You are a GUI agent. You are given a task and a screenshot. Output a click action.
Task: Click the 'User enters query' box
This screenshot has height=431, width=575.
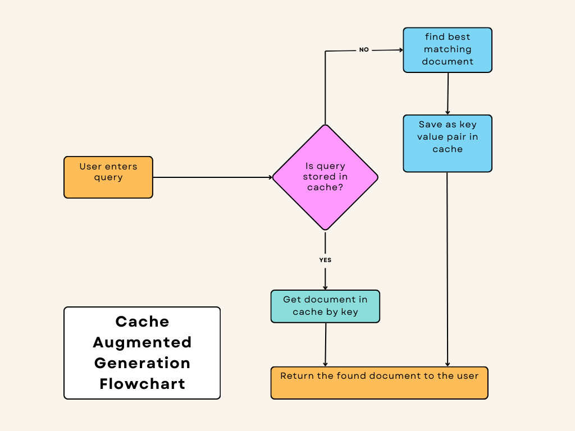pyautogui.click(x=108, y=177)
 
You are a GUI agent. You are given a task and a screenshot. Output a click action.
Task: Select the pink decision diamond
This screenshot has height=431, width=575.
pyautogui.click(x=325, y=177)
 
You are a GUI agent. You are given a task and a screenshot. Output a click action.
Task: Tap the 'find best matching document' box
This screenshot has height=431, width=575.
pyautogui.click(x=448, y=50)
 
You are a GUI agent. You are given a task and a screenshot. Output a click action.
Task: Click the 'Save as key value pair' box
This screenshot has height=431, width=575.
pyautogui.click(x=448, y=143)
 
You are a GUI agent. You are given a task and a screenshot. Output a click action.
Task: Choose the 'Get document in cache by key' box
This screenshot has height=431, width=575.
pyautogui.click(x=325, y=306)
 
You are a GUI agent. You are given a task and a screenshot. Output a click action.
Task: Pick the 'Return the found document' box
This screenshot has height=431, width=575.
pyautogui.click(x=379, y=383)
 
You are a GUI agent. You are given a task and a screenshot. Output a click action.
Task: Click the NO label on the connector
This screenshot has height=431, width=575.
pyautogui.click(x=364, y=50)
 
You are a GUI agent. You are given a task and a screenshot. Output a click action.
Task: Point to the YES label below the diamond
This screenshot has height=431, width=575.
pyautogui.click(x=325, y=260)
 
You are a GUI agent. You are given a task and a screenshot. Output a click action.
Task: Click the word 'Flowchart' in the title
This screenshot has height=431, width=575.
pyautogui.click(x=142, y=384)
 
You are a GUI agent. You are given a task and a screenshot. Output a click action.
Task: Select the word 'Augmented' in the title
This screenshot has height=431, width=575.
pyautogui.click(x=142, y=342)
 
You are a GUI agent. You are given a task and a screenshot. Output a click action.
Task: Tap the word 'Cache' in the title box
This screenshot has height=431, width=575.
pyautogui.click(x=142, y=322)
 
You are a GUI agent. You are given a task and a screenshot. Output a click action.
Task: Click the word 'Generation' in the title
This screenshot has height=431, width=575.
pyautogui.click(x=142, y=363)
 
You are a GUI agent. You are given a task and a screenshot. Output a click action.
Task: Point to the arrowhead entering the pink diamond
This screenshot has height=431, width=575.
pyautogui.click(x=270, y=177)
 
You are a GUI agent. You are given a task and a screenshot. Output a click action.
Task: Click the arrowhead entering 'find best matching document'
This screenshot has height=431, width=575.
pyautogui.click(x=400, y=50)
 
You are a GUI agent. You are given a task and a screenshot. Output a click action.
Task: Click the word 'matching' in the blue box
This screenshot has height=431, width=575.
pyautogui.click(x=448, y=49)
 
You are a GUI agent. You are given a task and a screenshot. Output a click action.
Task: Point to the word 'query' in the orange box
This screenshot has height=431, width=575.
pyautogui.click(x=108, y=177)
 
